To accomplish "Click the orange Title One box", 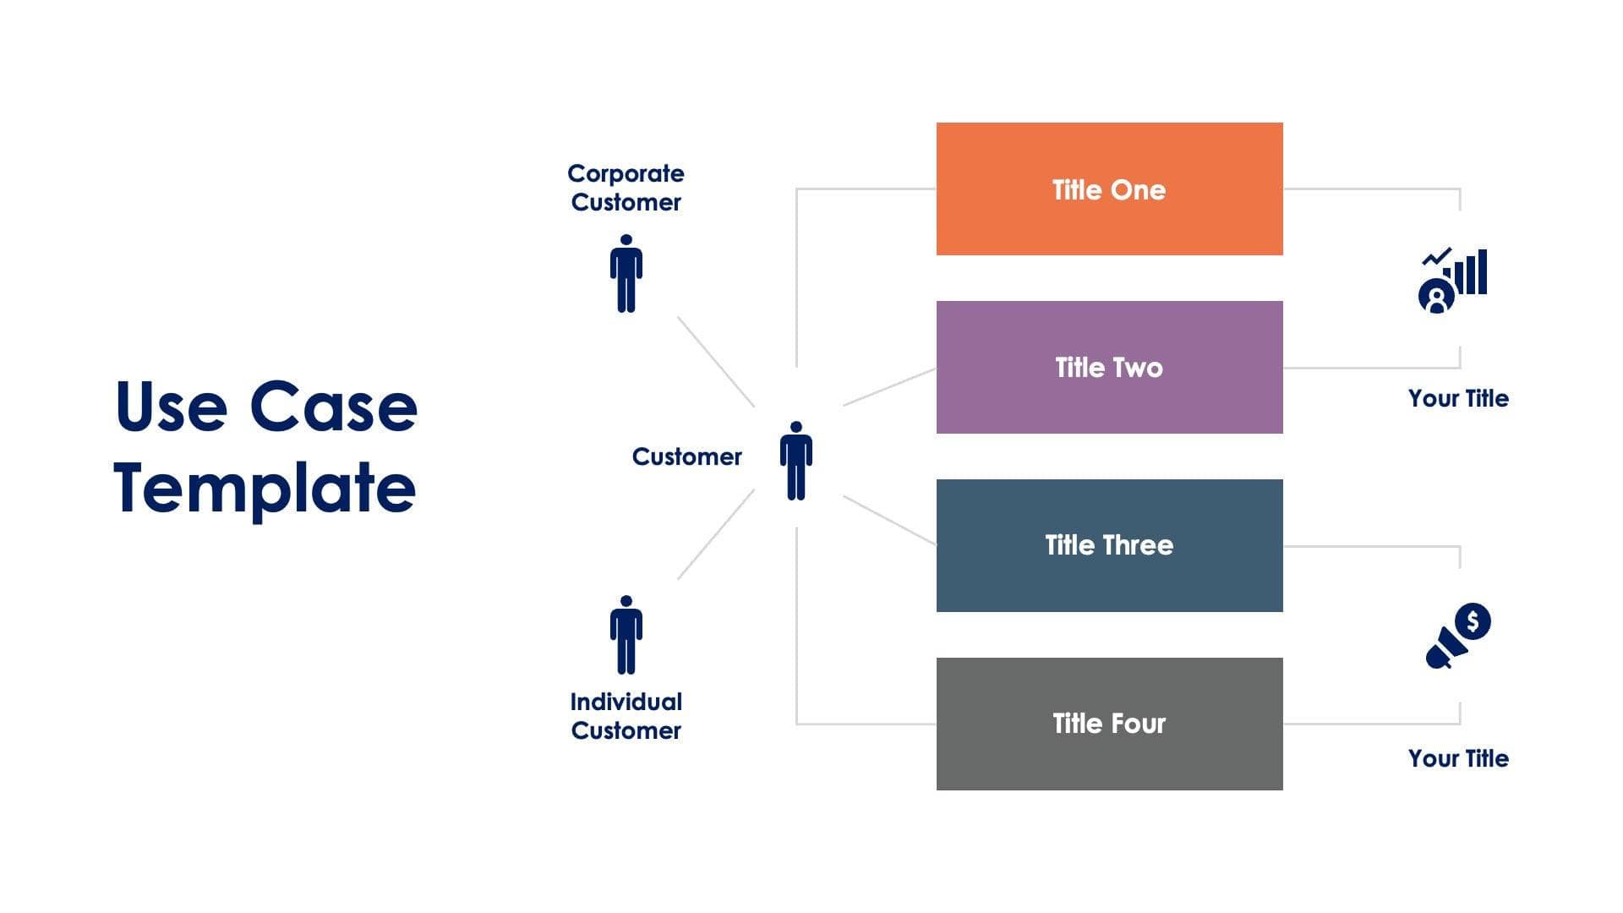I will pyautogui.click(x=1109, y=189).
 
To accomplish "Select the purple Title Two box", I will pyautogui.click(x=1109, y=367).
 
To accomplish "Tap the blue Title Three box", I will pyautogui.click(x=1109, y=545).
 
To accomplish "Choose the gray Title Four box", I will pyautogui.click(x=1109, y=724).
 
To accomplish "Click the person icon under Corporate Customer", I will pyautogui.click(x=626, y=274).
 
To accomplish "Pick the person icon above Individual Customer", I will pyautogui.click(x=626, y=635).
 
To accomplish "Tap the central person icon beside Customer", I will pyautogui.click(x=795, y=461).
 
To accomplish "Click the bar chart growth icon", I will pyautogui.click(x=1453, y=280).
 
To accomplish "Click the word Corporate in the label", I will pyautogui.click(x=626, y=173).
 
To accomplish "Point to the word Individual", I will pyautogui.click(x=626, y=702).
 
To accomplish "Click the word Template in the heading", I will pyautogui.click(x=265, y=489).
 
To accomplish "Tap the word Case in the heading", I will pyautogui.click(x=333, y=407).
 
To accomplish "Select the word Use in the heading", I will pyautogui.click(x=171, y=407).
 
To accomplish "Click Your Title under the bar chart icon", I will pyautogui.click(x=1458, y=398).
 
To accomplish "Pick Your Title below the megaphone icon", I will pyautogui.click(x=1458, y=758).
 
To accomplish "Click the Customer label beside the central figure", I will pyautogui.click(x=686, y=456).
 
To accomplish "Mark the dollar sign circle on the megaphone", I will pyautogui.click(x=1473, y=621).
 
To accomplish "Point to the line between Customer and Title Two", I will pyautogui.click(x=889, y=387).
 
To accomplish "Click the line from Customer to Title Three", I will pyautogui.click(x=889, y=520).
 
